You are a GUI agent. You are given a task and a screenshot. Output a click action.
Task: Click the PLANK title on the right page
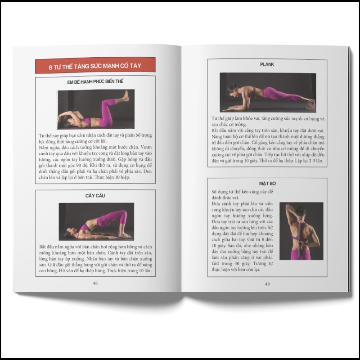pyautogui.click(x=267, y=64)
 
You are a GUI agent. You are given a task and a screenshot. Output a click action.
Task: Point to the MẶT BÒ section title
pyautogui.click(x=267, y=184)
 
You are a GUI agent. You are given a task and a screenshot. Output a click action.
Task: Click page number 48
pyautogui.click(x=95, y=283)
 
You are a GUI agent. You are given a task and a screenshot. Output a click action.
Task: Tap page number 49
pyautogui.click(x=267, y=284)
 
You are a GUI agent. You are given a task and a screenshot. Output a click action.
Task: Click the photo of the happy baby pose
pyautogui.click(x=95, y=109)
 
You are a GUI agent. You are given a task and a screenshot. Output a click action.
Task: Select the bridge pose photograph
pyautogui.click(x=96, y=221)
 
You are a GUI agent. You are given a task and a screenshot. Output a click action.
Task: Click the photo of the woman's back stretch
pyautogui.click(x=301, y=230)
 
